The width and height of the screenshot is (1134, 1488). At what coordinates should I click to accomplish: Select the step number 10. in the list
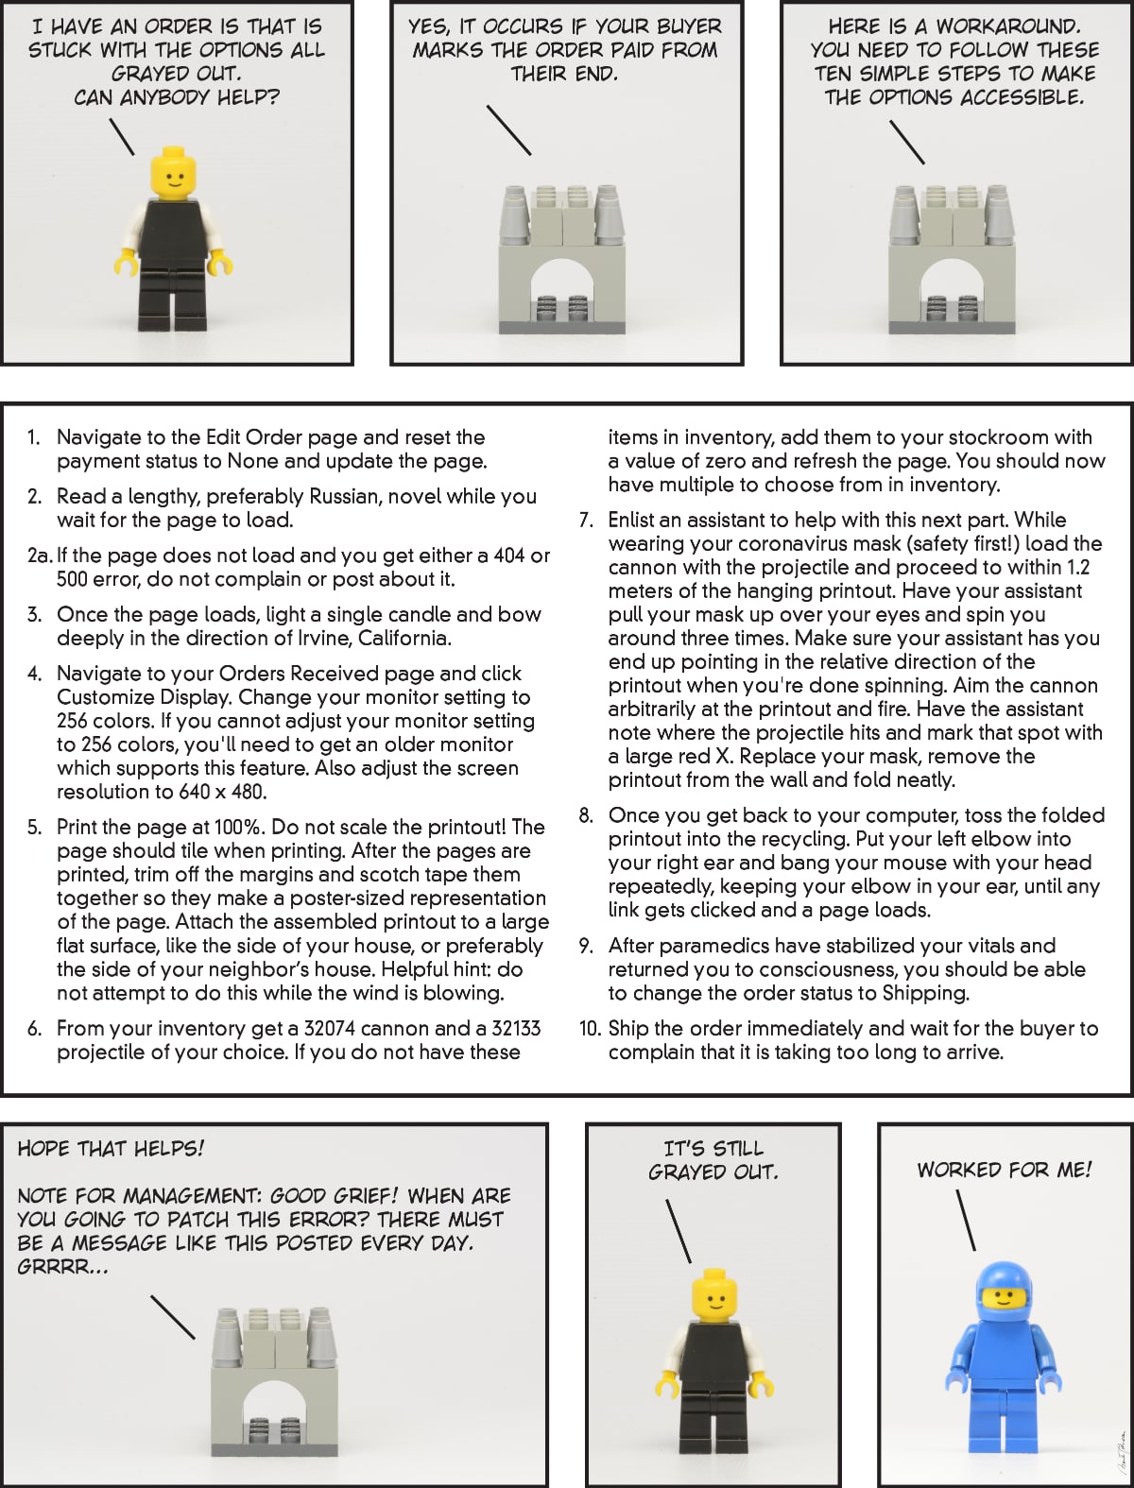[590, 1029]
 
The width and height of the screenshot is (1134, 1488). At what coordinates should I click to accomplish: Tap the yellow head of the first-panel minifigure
[172, 174]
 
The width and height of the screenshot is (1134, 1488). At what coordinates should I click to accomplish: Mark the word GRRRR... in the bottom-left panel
[62, 1267]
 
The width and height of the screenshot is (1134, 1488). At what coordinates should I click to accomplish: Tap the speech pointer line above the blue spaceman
[965, 1219]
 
